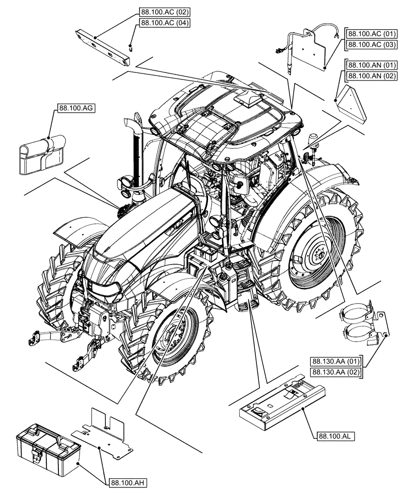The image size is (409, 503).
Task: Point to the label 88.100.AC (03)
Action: [370, 45]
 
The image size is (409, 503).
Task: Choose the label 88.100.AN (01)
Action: [370, 65]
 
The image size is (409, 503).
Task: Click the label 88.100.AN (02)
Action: [370, 76]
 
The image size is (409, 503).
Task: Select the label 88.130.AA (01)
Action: [335, 361]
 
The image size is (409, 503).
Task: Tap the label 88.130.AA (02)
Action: [335, 372]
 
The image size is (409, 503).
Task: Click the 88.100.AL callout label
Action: [336, 436]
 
